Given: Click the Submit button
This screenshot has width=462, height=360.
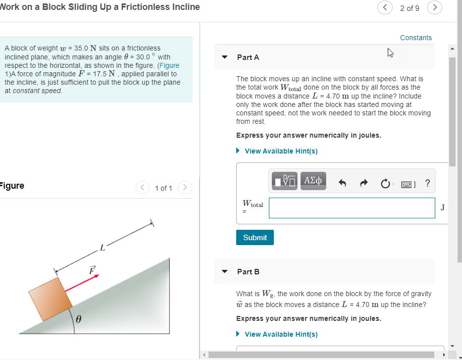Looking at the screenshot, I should click(x=255, y=238).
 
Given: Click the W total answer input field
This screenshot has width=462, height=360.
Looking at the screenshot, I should click(x=352, y=208).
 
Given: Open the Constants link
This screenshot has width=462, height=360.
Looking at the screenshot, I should click(x=415, y=38).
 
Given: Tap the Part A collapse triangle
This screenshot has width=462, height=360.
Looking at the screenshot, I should click(x=225, y=57).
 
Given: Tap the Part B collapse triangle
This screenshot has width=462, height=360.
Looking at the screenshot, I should click(x=225, y=272).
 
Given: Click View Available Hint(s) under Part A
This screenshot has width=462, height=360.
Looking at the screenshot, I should click(x=281, y=151).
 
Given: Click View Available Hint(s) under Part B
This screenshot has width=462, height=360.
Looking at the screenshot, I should click(x=281, y=334).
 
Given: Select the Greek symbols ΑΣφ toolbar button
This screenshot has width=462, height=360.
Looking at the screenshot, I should click(x=313, y=181).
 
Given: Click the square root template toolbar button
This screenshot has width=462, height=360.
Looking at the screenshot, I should click(x=285, y=181).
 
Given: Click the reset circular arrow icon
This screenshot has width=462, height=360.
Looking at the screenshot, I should click(x=385, y=184).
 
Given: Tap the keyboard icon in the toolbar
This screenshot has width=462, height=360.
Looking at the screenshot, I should click(x=407, y=184).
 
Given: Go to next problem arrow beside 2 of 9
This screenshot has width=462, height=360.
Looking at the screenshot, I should click(x=434, y=8).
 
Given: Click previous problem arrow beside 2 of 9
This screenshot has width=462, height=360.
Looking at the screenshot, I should click(x=385, y=8).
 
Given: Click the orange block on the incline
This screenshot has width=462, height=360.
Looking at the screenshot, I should click(x=50, y=299).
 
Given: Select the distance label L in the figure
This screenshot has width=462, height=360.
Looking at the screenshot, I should click(x=102, y=248).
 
